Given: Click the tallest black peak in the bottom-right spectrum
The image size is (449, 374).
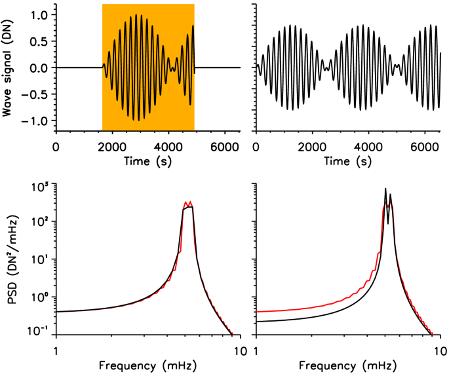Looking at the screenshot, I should pos(386,189).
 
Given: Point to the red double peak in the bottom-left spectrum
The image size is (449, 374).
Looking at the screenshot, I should pos(188,203).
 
